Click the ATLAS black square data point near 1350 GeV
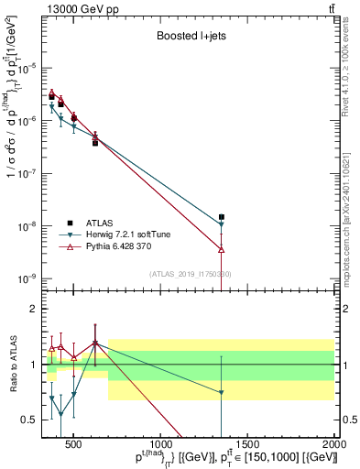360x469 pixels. [222, 217]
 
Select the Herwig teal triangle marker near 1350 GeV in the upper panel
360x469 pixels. [222, 224]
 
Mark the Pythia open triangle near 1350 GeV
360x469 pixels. [222, 249]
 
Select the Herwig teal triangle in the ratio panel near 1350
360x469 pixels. [222, 392]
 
